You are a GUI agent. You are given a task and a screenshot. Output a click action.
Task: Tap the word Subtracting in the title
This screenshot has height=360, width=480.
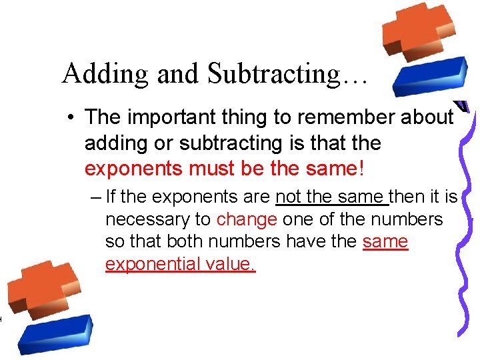[x=273, y=74]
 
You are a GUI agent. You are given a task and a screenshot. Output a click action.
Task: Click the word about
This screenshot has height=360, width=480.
[x=427, y=117]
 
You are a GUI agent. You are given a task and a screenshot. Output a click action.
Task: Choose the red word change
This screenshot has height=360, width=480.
[x=247, y=219]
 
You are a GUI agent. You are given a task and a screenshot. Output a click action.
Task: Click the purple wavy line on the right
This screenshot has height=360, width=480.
[x=464, y=220]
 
